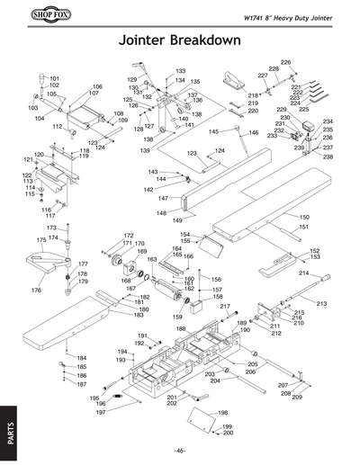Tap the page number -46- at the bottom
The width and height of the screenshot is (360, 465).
coord(180,450)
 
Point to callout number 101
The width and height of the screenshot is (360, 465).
coord(54,79)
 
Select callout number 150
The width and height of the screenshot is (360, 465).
coord(304,218)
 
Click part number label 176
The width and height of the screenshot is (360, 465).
coord(36,291)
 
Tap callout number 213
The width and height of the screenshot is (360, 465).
coord(321,304)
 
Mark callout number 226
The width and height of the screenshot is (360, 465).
coord(285,62)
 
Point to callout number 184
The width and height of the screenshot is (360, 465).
coord(81,358)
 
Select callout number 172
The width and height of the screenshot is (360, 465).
coord(129,236)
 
